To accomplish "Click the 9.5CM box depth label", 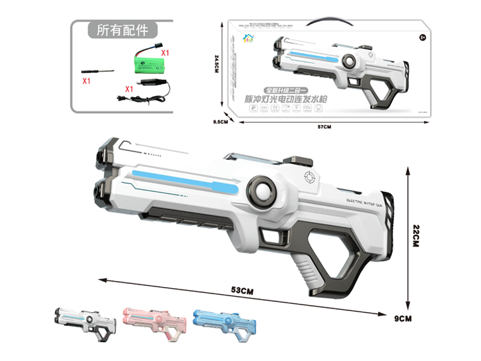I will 221,122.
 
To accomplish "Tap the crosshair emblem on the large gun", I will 310,177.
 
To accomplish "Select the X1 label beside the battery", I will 165,53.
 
